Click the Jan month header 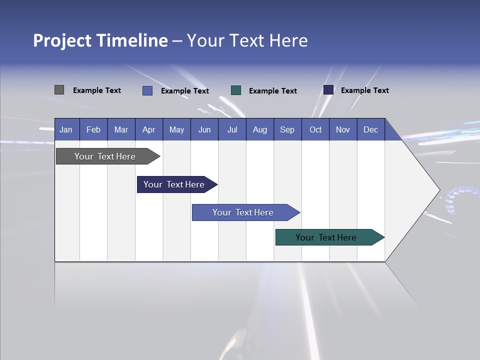coord(66,129)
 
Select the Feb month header coord(93,129)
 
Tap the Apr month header coord(148,129)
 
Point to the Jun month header coord(204,129)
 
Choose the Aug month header coord(259,129)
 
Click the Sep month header coord(287,129)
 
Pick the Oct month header coord(315,129)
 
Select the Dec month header coord(370,129)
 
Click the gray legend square coord(59,90)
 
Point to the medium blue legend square coord(147,90)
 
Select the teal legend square coord(236,90)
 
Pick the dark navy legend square coord(328,90)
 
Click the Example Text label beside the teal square coord(272,91)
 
